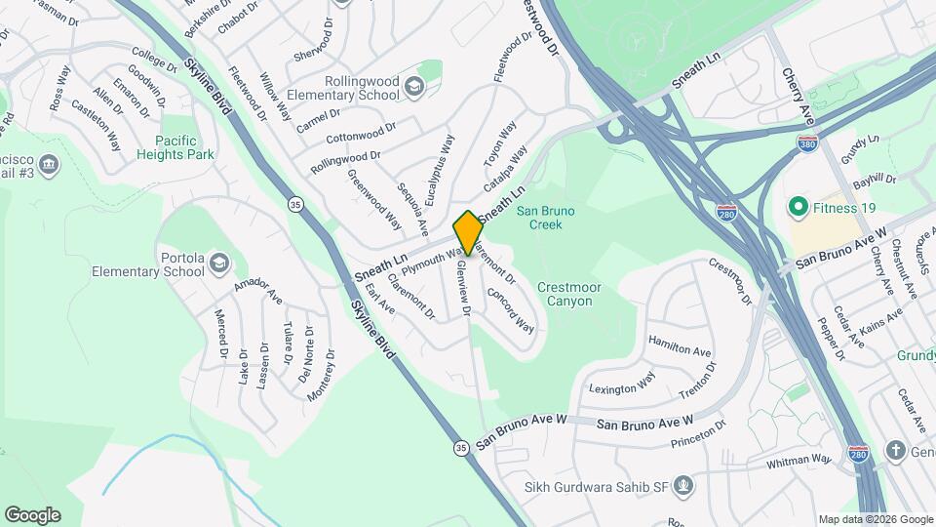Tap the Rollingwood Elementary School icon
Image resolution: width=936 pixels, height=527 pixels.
tap(414, 89)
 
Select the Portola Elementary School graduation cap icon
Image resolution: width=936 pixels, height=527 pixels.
tap(218, 262)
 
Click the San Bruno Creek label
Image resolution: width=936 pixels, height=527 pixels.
tap(545, 217)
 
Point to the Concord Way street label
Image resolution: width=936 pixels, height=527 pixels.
tap(510, 307)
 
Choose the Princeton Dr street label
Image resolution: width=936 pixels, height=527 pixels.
tap(700, 434)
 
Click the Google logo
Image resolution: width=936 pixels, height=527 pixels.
tap(33, 515)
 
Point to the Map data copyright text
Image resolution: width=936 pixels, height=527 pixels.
tap(874, 519)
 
